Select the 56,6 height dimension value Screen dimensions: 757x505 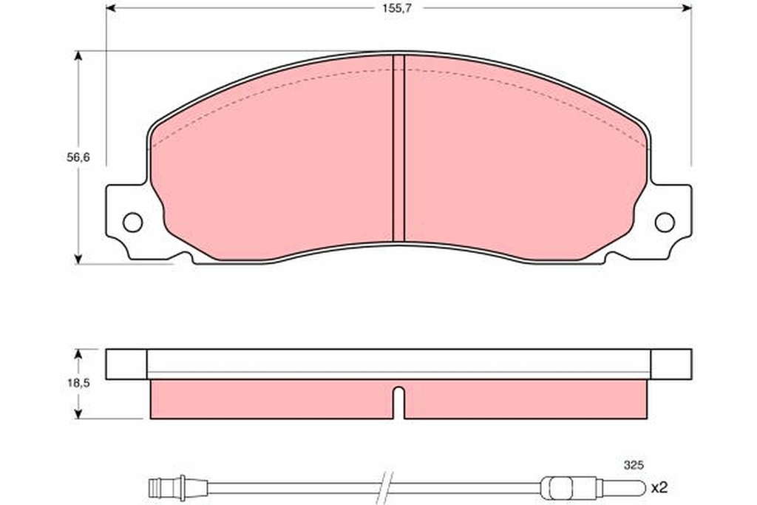coord(78,157)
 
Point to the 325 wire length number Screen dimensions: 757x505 coord(634,465)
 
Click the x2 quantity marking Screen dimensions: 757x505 coord(659,487)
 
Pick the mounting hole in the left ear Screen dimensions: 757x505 coord(132,222)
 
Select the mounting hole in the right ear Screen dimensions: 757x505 coord(665,222)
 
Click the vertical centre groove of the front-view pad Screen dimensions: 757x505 coord(398,148)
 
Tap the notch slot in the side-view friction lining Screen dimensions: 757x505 coord(398,403)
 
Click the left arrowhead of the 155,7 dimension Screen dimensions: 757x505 coord(111,8)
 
